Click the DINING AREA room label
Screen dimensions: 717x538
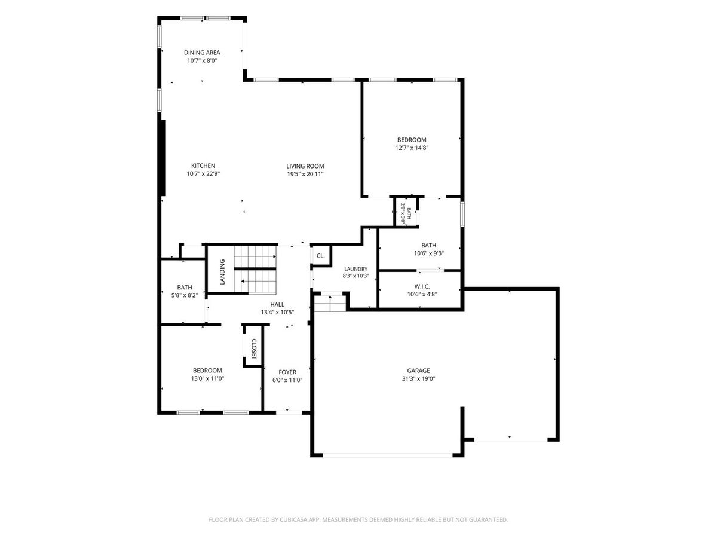[x=202, y=52]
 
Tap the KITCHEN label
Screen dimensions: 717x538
[x=203, y=166]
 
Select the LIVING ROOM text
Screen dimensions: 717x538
[x=305, y=166]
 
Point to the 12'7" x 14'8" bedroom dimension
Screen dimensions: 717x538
[x=412, y=148]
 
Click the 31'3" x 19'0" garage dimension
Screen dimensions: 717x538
[x=418, y=378]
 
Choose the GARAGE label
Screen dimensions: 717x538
[x=418, y=371]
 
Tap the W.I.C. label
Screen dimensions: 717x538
[x=422, y=286]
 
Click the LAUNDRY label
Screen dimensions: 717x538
[x=356, y=269]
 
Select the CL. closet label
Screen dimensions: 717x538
[x=320, y=256]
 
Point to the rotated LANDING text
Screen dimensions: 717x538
[x=222, y=272]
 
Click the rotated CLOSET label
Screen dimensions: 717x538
[x=254, y=349]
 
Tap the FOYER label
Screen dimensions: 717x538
[x=287, y=372]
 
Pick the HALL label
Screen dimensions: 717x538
[x=277, y=304]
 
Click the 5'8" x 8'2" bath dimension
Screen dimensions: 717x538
[x=185, y=295]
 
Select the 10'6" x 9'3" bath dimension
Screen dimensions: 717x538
[x=428, y=253]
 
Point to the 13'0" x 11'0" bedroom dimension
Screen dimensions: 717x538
[x=207, y=378]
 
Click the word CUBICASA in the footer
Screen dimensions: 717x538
[x=293, y=519]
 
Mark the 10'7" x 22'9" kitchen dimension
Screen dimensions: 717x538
[x=203, y=174]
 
